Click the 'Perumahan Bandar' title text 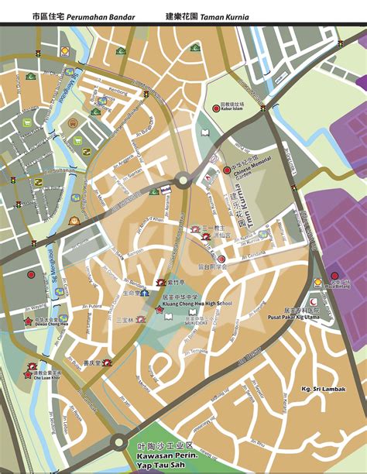coord(104,15)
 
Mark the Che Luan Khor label coord(47,380)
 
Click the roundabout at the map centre coord(182,180)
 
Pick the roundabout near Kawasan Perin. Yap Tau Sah coord(118,443)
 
